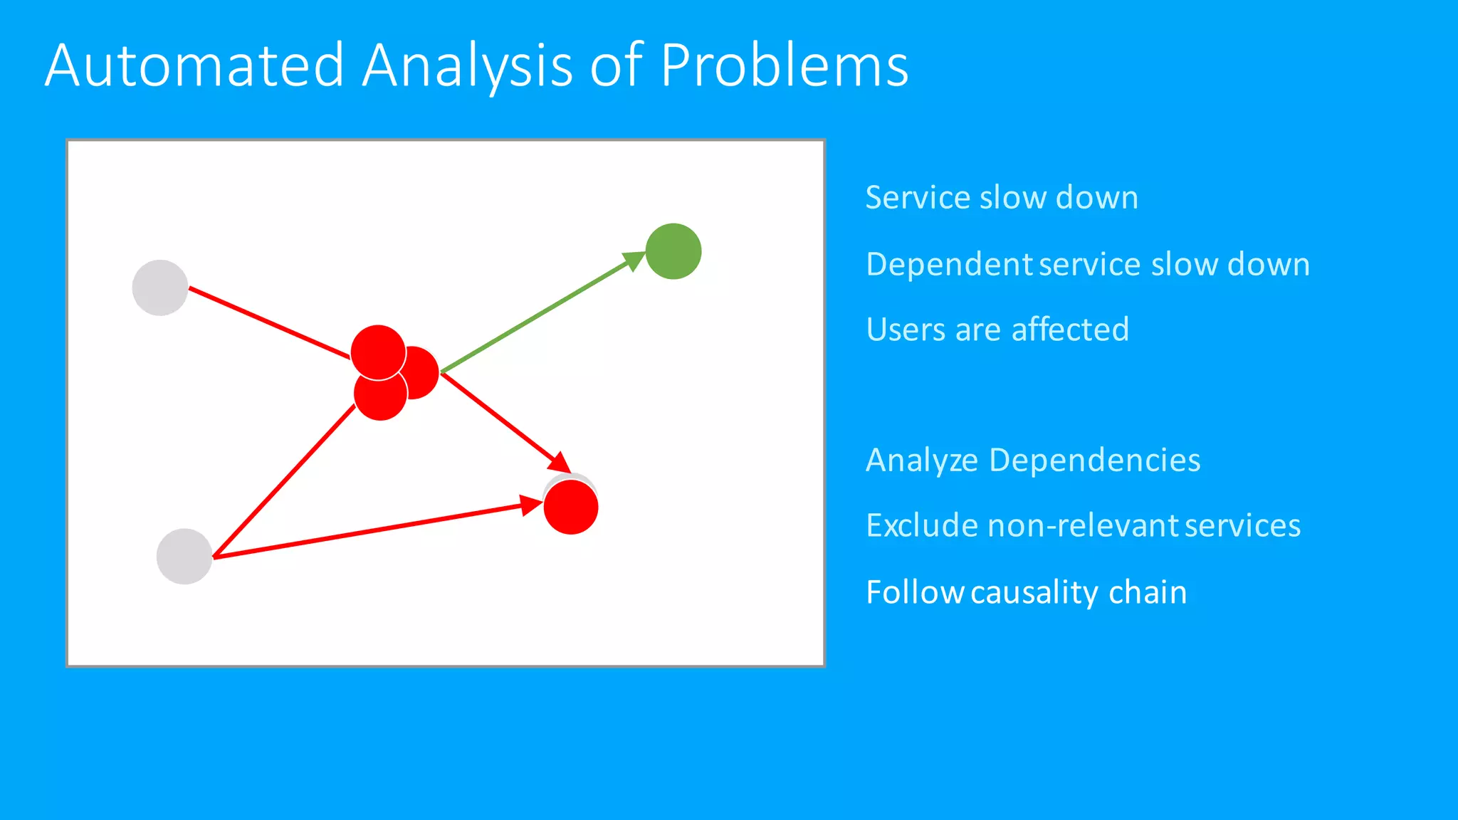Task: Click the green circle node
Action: [x=673, y=251]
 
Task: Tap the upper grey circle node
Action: [x=160, y=288]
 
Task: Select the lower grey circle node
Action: [x=184, y=557]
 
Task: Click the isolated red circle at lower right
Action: [x=571, y=508]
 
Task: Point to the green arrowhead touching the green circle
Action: [x=633, y=261]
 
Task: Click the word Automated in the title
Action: [x=194, y=65]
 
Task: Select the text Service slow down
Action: [x=1001, y=197]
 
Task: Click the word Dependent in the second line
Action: [x=949, y=264]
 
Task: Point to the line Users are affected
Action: [x=997, y=330]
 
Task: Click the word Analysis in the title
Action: [x=466, y=65]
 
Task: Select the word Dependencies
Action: [x=1094, y=461]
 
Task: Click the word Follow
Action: [x=914, y=592]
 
